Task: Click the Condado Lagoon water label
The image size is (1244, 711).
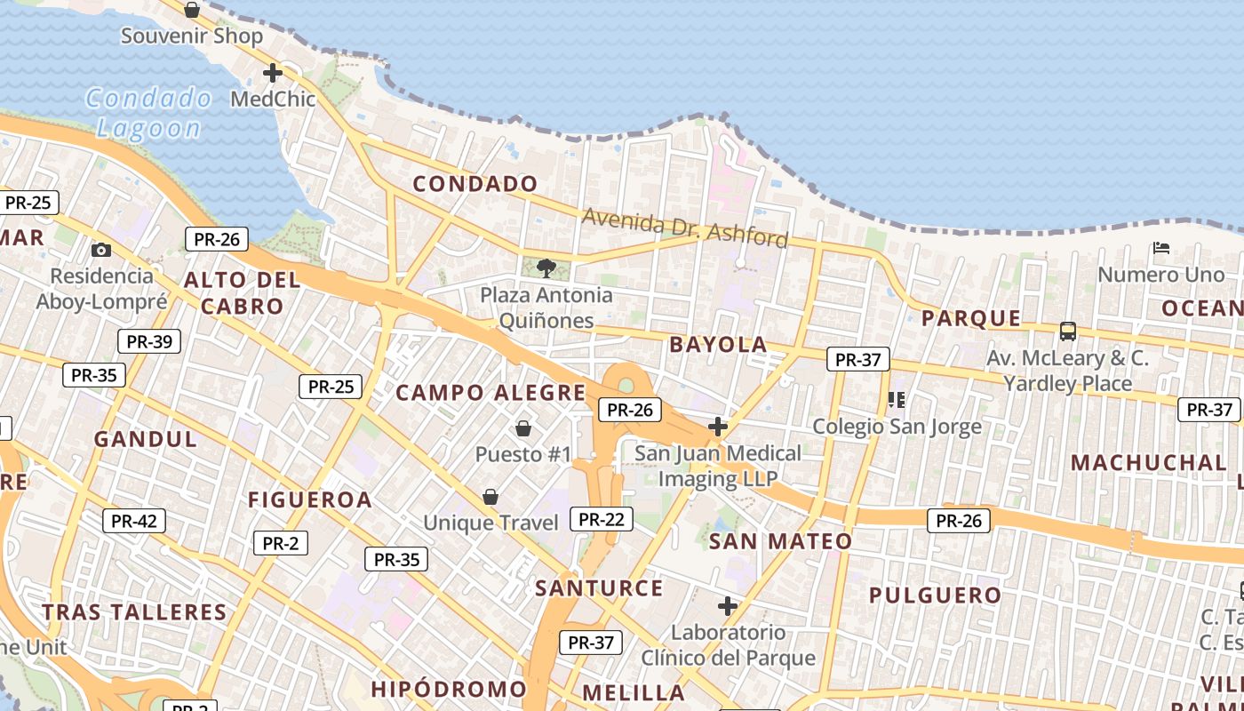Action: click(x=148, y=113)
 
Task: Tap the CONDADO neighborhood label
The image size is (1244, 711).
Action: click(x=475, y=184)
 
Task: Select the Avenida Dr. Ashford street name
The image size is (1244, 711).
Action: click(x=684, y=228)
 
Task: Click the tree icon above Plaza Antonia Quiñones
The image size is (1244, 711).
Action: click(x=546, y=268)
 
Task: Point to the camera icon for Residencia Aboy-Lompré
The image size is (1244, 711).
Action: click(x=101, y=250)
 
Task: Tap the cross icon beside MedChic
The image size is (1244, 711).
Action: click(x=273, y=73)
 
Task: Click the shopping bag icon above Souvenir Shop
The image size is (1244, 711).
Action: click(x=192, y=11)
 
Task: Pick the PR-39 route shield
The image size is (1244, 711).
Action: click(x=149, y=341)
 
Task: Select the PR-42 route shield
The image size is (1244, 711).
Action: click(x=134, y=521)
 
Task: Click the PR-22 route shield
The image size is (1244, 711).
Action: click(x=602, y=519)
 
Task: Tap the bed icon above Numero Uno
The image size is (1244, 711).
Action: click(x=1160, y=248)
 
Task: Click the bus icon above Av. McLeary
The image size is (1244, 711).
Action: click(x=1068, y=332)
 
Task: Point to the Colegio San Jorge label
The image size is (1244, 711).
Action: click(x=897, y=427)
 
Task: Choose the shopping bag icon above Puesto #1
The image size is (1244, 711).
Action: click(x=523, y=429)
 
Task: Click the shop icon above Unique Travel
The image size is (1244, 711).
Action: click(x=490, y=497)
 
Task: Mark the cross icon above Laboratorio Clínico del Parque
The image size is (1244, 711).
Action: click(x=728, y=607)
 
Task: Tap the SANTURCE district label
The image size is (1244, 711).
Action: click(x=599, y=588)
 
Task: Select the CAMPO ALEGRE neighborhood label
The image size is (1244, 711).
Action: click(x=490, y=393)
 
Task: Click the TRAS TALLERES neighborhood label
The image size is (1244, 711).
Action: click(x=135, y=612)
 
